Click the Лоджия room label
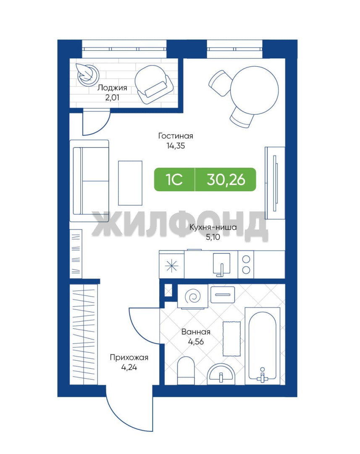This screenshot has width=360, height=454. coord(112,87)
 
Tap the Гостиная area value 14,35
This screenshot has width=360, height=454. coord(175,145)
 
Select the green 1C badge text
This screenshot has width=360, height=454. coord(174,179)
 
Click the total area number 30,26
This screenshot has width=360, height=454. coord(226,179)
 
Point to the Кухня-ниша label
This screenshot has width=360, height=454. coord(213,227)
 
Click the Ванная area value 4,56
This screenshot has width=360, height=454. coord(196,342)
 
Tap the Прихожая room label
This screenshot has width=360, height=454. coord(129,358)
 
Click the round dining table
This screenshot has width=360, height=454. coord(255,90)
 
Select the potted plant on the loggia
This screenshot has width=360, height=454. coord(87,74)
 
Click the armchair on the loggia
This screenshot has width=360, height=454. coord(154,84)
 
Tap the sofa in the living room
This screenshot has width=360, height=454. coord(89,181)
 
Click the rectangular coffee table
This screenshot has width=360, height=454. coord(130,183)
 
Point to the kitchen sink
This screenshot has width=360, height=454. coord(222,264)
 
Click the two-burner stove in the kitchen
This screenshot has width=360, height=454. coord(246,264)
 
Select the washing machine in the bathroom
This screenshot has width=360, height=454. coord(193,296)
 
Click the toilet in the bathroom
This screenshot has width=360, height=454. coord(186,371)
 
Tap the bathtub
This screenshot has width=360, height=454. coord(263,346)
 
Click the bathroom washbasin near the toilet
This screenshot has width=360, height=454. coord(221,374)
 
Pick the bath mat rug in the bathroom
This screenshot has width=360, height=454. coord(231,339)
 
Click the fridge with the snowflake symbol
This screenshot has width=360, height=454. coord(172,265)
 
